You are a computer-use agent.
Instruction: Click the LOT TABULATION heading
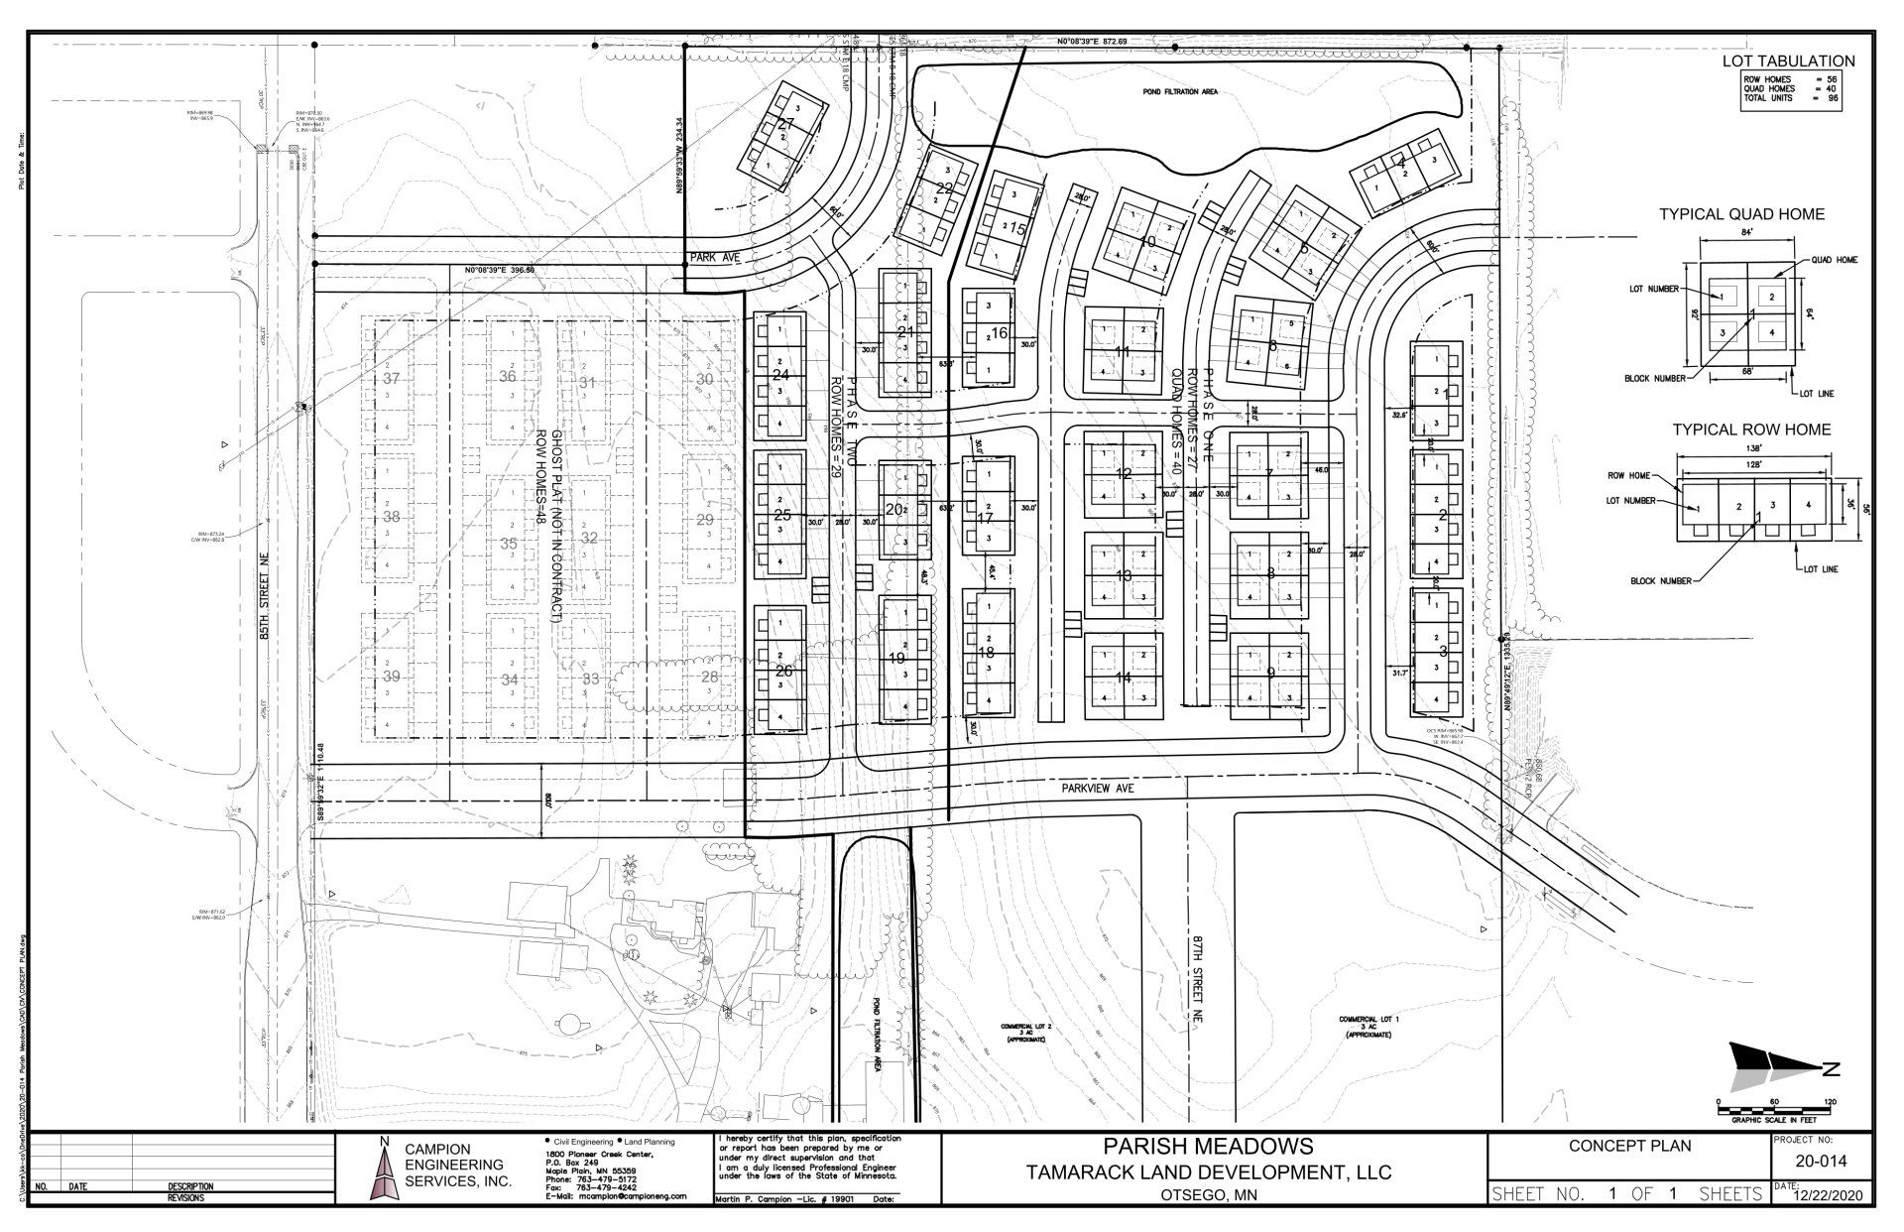coord(1788,62)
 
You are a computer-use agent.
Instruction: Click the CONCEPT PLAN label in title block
coord(1629,1146)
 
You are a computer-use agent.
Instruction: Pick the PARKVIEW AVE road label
coord(1097,788)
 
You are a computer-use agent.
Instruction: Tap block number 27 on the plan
coord(786,125)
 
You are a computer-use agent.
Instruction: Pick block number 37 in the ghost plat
coord(391,379)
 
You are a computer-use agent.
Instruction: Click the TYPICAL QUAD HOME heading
coord(1741,214)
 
